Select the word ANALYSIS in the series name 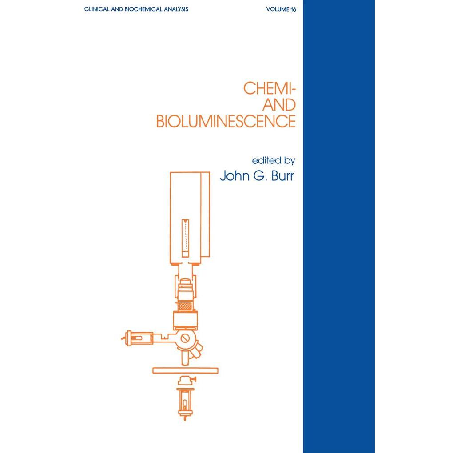tap(176, 9)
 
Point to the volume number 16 tap(293, 9)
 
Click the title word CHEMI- tap(270, 88)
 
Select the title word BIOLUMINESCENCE tap(226, 121)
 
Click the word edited tap(266, 160)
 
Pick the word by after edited tap(290, 161)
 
